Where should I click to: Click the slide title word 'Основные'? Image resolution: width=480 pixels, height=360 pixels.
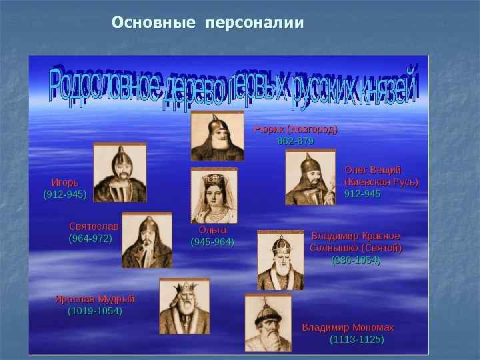(153, 23)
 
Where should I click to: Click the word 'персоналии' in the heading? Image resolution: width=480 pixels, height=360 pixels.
(255, 24)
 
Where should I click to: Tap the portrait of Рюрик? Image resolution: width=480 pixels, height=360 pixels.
(217, 136)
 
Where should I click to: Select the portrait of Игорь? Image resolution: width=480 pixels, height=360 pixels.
(120, 174)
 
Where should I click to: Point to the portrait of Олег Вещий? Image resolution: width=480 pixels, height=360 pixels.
(311, 177)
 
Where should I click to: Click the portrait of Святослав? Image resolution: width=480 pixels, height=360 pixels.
(147, 240)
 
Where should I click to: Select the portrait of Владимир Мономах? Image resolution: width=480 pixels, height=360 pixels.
(268, 322)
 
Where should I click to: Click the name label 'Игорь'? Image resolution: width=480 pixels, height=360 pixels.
(65, 182)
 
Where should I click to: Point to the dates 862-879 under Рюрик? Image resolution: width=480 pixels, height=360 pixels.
(295, 141)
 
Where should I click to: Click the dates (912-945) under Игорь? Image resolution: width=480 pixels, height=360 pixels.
(65, 194)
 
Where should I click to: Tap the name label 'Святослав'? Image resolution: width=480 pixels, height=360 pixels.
(93, 226)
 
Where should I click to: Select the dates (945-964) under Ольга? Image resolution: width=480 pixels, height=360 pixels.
(213, 241)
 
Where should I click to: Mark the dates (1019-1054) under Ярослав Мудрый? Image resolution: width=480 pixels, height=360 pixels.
(95, 311)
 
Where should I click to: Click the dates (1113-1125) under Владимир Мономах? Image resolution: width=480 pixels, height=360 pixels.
(357, 339)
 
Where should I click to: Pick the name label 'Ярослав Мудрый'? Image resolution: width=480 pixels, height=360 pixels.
(95, 299)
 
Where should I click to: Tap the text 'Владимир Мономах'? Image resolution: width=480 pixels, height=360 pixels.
(348, 327)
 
